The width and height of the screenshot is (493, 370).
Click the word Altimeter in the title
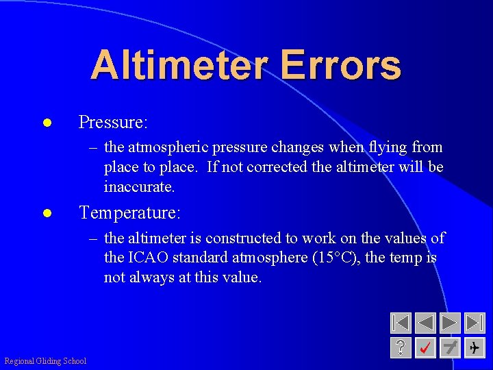point(179,65)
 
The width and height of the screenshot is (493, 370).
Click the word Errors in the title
point(340,65)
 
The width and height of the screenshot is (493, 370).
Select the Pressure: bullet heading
point(113,122)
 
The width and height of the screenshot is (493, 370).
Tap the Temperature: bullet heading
point(130,213)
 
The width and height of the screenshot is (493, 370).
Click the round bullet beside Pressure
point(47,123)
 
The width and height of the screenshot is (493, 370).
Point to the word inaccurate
point(139,186)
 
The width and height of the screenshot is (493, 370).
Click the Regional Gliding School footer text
point(45,361)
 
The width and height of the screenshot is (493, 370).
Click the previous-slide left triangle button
point(425,323)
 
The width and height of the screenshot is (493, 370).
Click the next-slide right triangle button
point(450,323)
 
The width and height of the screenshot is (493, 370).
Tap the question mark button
point(401,347)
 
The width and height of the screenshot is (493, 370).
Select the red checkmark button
point(425,347)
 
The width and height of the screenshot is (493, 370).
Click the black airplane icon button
point(474,347)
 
